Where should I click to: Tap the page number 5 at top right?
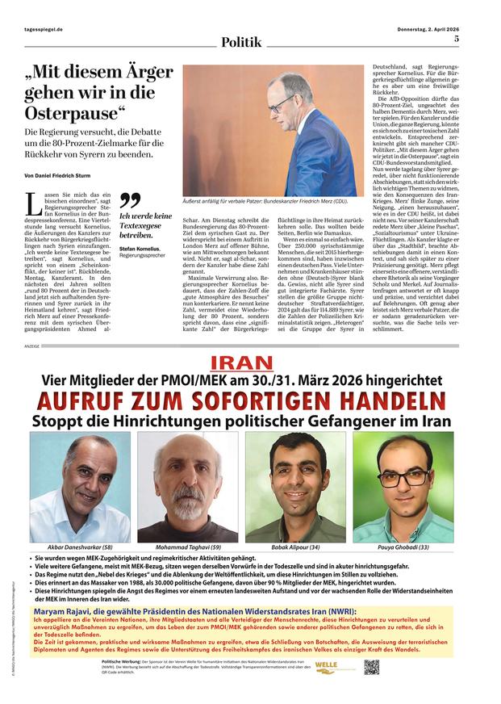pyautogui.click(x=457, y=38)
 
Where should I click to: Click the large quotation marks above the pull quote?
pyautogui.click(x=129, y=200)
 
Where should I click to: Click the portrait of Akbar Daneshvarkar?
pyautogui.click(x=81, y=487)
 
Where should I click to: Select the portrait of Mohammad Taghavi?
pyautogui.click(x=187, y=487)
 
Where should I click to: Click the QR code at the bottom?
pyautogui.click(x=372, y=667)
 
